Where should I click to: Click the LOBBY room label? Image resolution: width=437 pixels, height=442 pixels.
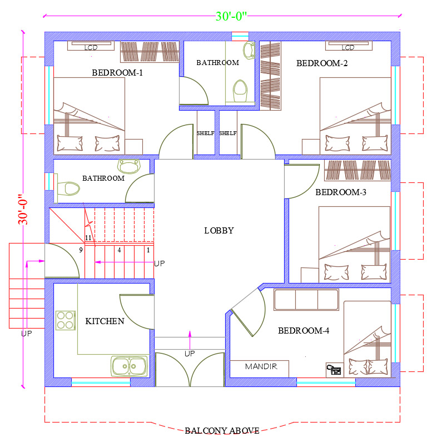click(x=219, y=231)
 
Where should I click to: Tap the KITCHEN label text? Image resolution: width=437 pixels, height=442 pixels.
click(x=105, y=321)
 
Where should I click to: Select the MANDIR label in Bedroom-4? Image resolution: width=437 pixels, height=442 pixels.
click(x=261, y=366)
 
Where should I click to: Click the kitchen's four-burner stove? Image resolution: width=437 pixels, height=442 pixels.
click(x=66, y=320)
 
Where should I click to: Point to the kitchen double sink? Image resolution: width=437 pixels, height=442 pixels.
click(x=130, y=366)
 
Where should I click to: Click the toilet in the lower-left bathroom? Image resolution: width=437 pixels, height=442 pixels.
click(x=68, y=188)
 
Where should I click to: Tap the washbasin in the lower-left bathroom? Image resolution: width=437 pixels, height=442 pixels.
click(x=129, y=166)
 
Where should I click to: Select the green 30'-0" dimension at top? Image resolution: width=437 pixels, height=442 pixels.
click(x=231, y=16)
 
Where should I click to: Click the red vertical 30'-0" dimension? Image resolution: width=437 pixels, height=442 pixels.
click(x=23, y=209)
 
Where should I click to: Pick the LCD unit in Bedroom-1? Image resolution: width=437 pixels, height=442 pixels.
click(x=91, y=46)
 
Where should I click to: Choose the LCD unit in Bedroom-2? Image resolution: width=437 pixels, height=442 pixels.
click(x=349, y=46)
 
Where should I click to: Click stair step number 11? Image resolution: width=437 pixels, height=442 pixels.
click(x=88, y=237)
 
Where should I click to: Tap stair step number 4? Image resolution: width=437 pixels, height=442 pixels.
click(x=120, y=250)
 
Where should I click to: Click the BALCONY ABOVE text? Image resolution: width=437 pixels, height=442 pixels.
click(x=222, y=431)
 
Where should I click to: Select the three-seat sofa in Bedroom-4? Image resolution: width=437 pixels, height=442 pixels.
click(x=306, y=300)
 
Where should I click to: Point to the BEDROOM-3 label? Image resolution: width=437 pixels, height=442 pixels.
click(x=341, y=192)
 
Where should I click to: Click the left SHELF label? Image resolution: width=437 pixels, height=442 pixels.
click(x=205, y=133)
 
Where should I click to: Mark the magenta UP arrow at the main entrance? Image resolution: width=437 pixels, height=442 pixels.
click(x=190, y=340)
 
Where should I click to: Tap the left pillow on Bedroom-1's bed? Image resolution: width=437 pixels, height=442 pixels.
click(x=70, y=143)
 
